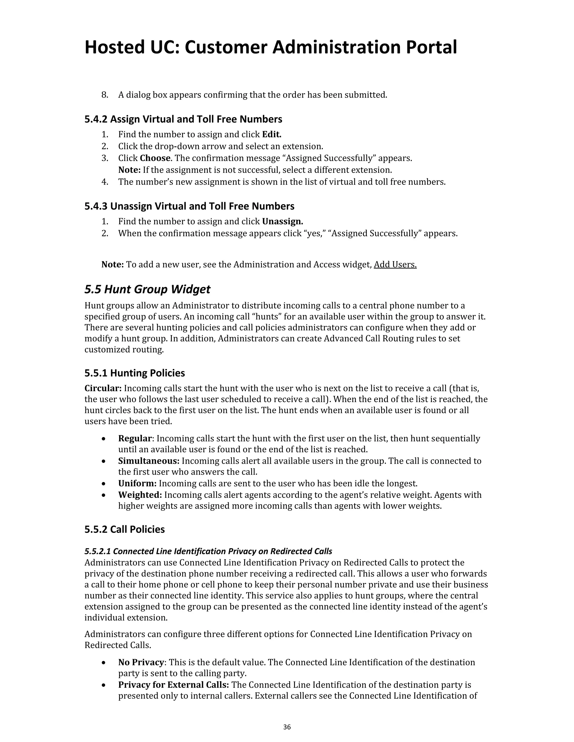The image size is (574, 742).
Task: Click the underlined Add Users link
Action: click(395, 265)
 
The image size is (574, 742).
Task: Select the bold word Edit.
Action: click(272, 134)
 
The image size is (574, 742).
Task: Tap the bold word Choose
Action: click(155, 158)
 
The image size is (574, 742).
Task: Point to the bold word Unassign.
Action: click(282, 221)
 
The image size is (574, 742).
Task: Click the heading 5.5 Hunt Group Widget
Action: click(147, 290)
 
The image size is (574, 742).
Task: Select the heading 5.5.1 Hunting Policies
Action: click(135, 373)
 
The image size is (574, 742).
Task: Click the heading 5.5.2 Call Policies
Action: click(124, 529)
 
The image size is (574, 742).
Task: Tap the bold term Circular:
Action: click(103, 388)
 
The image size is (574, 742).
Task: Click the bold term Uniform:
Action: click(137, 484)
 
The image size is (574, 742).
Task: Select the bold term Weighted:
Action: click(140, 495)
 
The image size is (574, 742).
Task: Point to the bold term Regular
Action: click(135, 438)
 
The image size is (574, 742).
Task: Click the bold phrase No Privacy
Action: click(141, 662)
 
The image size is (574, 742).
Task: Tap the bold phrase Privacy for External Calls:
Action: click(173, 685)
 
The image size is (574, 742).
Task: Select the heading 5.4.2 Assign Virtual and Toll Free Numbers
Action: click(183, 119)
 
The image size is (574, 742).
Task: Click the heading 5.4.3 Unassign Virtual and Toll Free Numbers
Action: click(189, 206)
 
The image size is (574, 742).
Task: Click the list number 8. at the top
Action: click(105, 95)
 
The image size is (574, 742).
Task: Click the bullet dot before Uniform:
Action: click(104, 484)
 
